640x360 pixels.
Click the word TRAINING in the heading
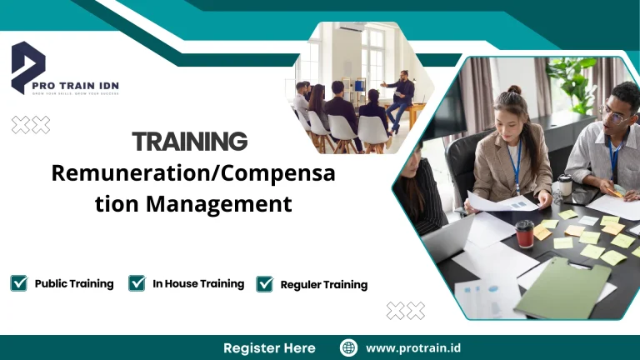pos(190,141)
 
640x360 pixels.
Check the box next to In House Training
pos(137,283)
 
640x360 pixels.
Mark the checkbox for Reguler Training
pos(265,284)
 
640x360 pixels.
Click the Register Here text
pos(269,347)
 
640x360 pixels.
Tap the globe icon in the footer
pos(349,347)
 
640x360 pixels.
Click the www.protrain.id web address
pos(415,347)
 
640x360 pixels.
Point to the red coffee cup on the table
pos(524,234)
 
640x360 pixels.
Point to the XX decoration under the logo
pos(31,125)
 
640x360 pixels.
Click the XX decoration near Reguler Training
pos(406,311)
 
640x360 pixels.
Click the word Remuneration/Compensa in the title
pos(193,173)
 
